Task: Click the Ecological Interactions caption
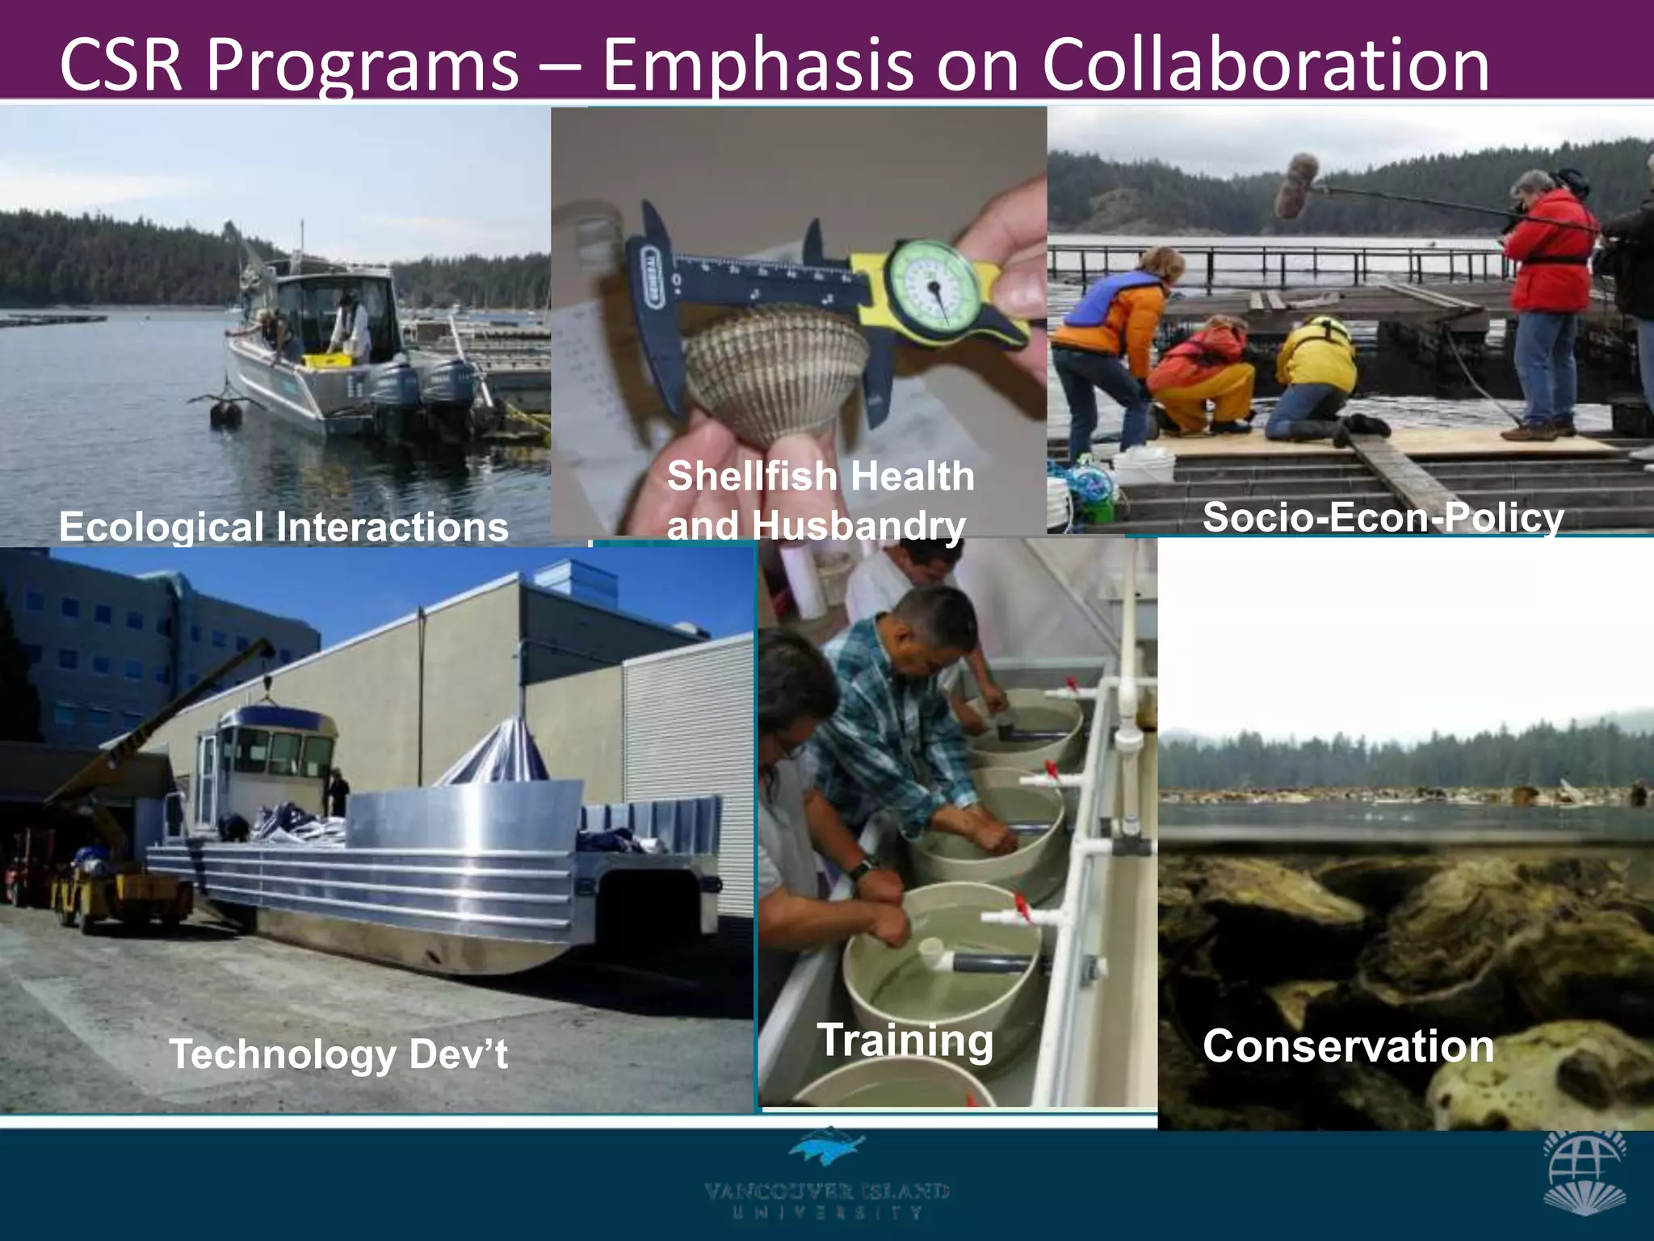pyautogui.click(x=283, y=527)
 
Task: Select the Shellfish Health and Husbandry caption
pyautogui.click(x=820, y=500)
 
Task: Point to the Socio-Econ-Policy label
pyautogui.click(x=1383, y=517)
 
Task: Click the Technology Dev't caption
pyautogui.click(x=338, y=1054)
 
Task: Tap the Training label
pyautogui.click(x=905, y=1040)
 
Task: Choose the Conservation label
pyautogui.click(x=1348, y=1046)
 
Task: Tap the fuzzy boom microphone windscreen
pyautogui.click(x=1295, y=186)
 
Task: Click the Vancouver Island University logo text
pyautogui.click(x=826, y=1200)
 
